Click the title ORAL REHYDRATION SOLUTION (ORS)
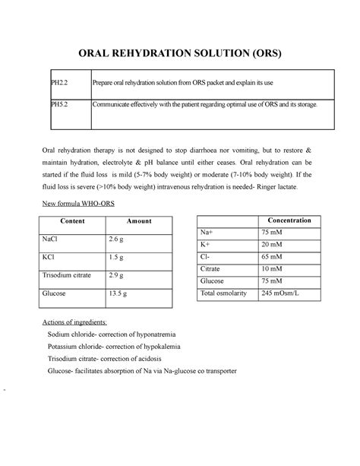tap(180, 55)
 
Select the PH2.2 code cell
tap(51, 83)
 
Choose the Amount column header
tap(139, 221)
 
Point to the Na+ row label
tap(207, 232)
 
